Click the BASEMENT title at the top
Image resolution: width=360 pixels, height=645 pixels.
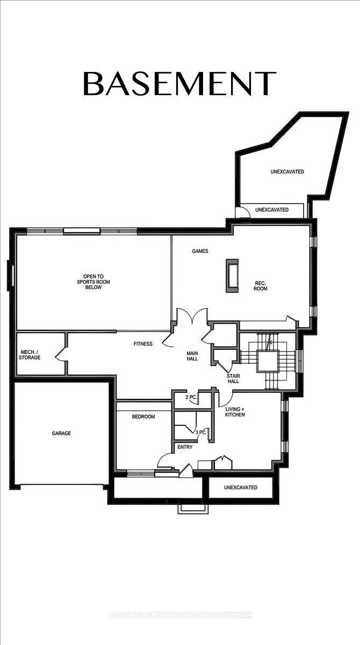[x=179, y=83]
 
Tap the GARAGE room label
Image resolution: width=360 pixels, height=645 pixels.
[x=61, y=433]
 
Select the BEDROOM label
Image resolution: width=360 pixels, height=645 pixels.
[x=143, y=417]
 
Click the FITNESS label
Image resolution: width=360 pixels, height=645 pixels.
[x=143, y=343]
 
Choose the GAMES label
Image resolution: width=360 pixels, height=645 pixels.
[x=200, y=251]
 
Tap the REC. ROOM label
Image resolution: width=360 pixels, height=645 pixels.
[x=261, y=285]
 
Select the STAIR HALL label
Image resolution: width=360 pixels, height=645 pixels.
[x=233, y=378]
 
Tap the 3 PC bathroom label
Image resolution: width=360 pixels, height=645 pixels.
[x=200, y=432]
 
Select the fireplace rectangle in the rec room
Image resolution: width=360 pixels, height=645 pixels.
[x=232, y=275]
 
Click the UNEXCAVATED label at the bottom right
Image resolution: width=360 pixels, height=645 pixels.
[x=240, y=488]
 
